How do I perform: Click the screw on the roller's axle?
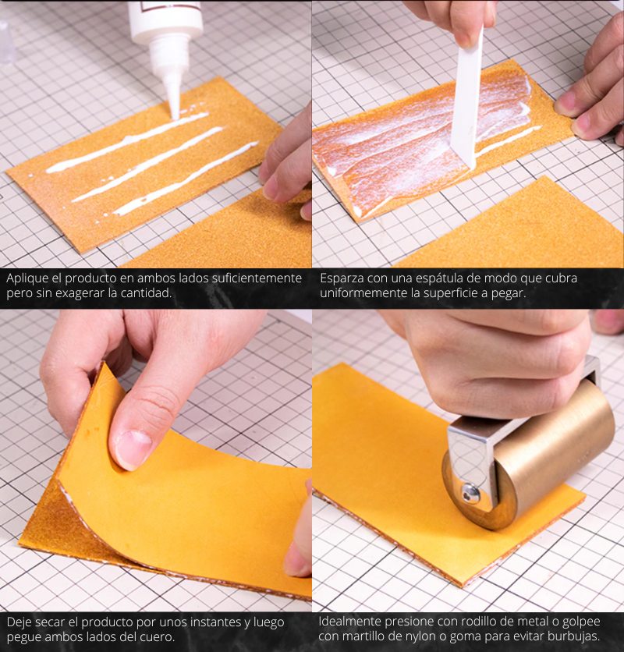(x=471, y=494)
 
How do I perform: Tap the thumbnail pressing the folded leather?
(x=133, y=450)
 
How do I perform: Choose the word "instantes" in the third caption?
(x=213, y=622)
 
